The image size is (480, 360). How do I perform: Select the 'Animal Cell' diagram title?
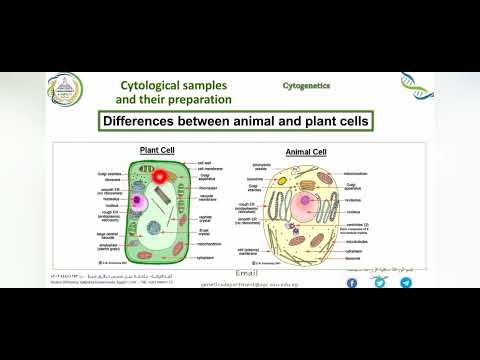[307, 153]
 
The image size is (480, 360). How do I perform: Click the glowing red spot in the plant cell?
[159, 177]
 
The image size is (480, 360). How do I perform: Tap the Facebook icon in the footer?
[352, 283]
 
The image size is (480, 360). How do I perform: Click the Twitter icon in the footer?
[379, 283]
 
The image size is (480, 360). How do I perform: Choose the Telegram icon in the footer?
[406, 283]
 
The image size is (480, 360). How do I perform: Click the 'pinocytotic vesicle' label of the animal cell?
[262, 165]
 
